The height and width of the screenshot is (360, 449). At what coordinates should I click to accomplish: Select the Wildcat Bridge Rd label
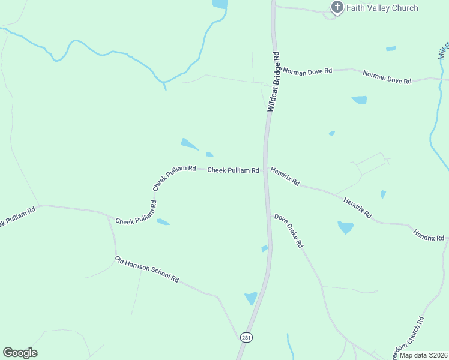(274, 82)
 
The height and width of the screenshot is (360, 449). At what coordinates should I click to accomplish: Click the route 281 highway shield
(246, 338)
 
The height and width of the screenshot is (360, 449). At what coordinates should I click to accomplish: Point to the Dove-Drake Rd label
(289, 231)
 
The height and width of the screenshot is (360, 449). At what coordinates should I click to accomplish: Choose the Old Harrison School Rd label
(147, 269)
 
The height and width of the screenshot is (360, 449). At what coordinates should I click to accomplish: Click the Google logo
(20, 353)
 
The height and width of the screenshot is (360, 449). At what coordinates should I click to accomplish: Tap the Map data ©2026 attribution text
(423, 355)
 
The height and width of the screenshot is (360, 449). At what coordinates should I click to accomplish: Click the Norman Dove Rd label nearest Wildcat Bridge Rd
(307, 71)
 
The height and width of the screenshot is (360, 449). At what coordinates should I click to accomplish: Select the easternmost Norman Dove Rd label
(387, 77)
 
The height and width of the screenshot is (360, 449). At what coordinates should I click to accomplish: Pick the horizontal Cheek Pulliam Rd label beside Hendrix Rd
(233, 170)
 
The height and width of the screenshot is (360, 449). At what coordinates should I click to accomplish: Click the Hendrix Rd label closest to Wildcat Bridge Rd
(285, 176)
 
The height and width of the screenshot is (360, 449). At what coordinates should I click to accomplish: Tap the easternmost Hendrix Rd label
(429, 235)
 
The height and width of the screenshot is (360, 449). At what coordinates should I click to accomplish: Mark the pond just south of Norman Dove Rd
(360, 100)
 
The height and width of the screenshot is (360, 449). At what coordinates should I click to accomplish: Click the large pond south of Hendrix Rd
(345, 227)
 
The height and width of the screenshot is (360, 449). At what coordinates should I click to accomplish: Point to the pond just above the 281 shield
(250, 298)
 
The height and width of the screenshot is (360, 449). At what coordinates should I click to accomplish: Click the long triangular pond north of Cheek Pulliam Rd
(189, 144)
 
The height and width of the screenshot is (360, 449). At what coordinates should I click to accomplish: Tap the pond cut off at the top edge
(220, 4)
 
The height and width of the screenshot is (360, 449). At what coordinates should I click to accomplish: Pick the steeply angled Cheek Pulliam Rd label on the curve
(174, 178)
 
